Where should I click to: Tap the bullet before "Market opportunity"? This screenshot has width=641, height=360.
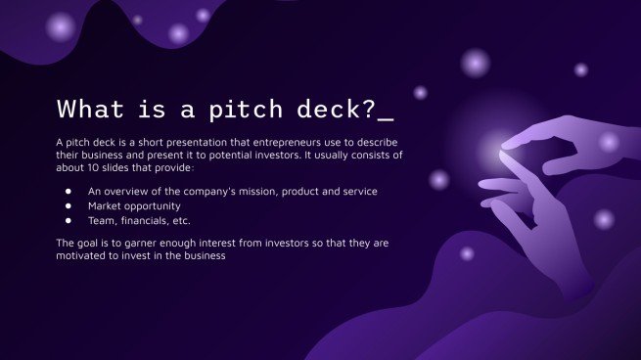click(69, 206)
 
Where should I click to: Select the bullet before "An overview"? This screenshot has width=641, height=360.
click(69, 192)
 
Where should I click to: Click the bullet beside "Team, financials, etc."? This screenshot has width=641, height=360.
click(69, 221)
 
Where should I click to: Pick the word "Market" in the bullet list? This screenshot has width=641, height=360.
click(107, 206)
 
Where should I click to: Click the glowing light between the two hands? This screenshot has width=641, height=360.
click(495, 152)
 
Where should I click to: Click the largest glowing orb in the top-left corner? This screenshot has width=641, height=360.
click(62, 26)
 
